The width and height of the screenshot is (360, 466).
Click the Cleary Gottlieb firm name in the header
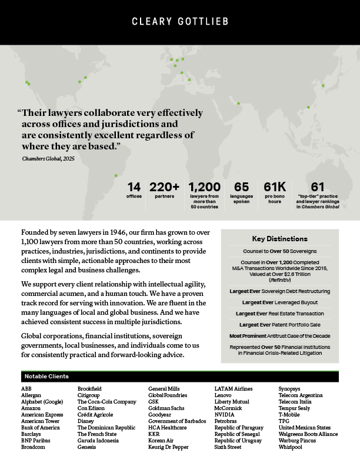pos(179,22)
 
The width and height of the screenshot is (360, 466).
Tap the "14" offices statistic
pos(134,187)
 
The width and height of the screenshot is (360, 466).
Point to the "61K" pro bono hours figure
pos(275,187)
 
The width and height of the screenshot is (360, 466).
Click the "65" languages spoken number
pos(241,187)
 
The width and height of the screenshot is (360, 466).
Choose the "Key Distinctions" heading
pos(279,239)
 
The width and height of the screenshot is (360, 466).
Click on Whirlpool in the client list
pos(291,447)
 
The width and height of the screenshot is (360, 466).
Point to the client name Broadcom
pos(34,447)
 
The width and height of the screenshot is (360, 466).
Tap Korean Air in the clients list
pos(161,440)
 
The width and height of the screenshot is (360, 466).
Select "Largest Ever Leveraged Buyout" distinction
pos(279,302)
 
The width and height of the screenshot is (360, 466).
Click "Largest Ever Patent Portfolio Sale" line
pos(279,324)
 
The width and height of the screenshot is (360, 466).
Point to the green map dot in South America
pos(116,175)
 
